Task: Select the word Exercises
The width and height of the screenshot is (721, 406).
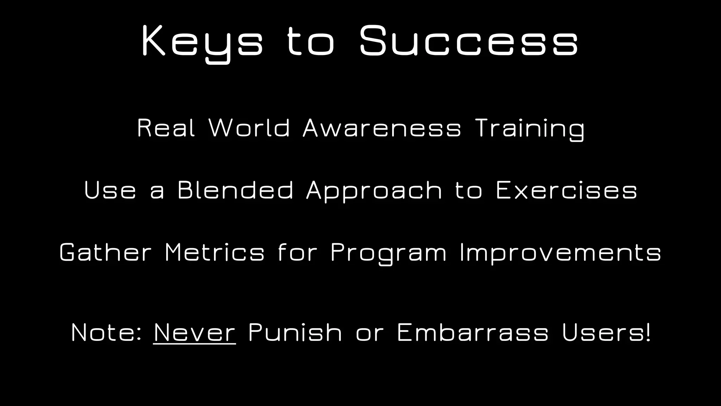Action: (x=566, y=190)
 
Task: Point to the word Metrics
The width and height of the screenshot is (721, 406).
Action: (x=214, y=252)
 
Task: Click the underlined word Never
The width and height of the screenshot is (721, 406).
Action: (x=195, y=332)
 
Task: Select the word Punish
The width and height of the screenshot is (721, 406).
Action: (x=295, y=332)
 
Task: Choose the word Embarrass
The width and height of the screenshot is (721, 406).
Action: (x=473, y=332)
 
